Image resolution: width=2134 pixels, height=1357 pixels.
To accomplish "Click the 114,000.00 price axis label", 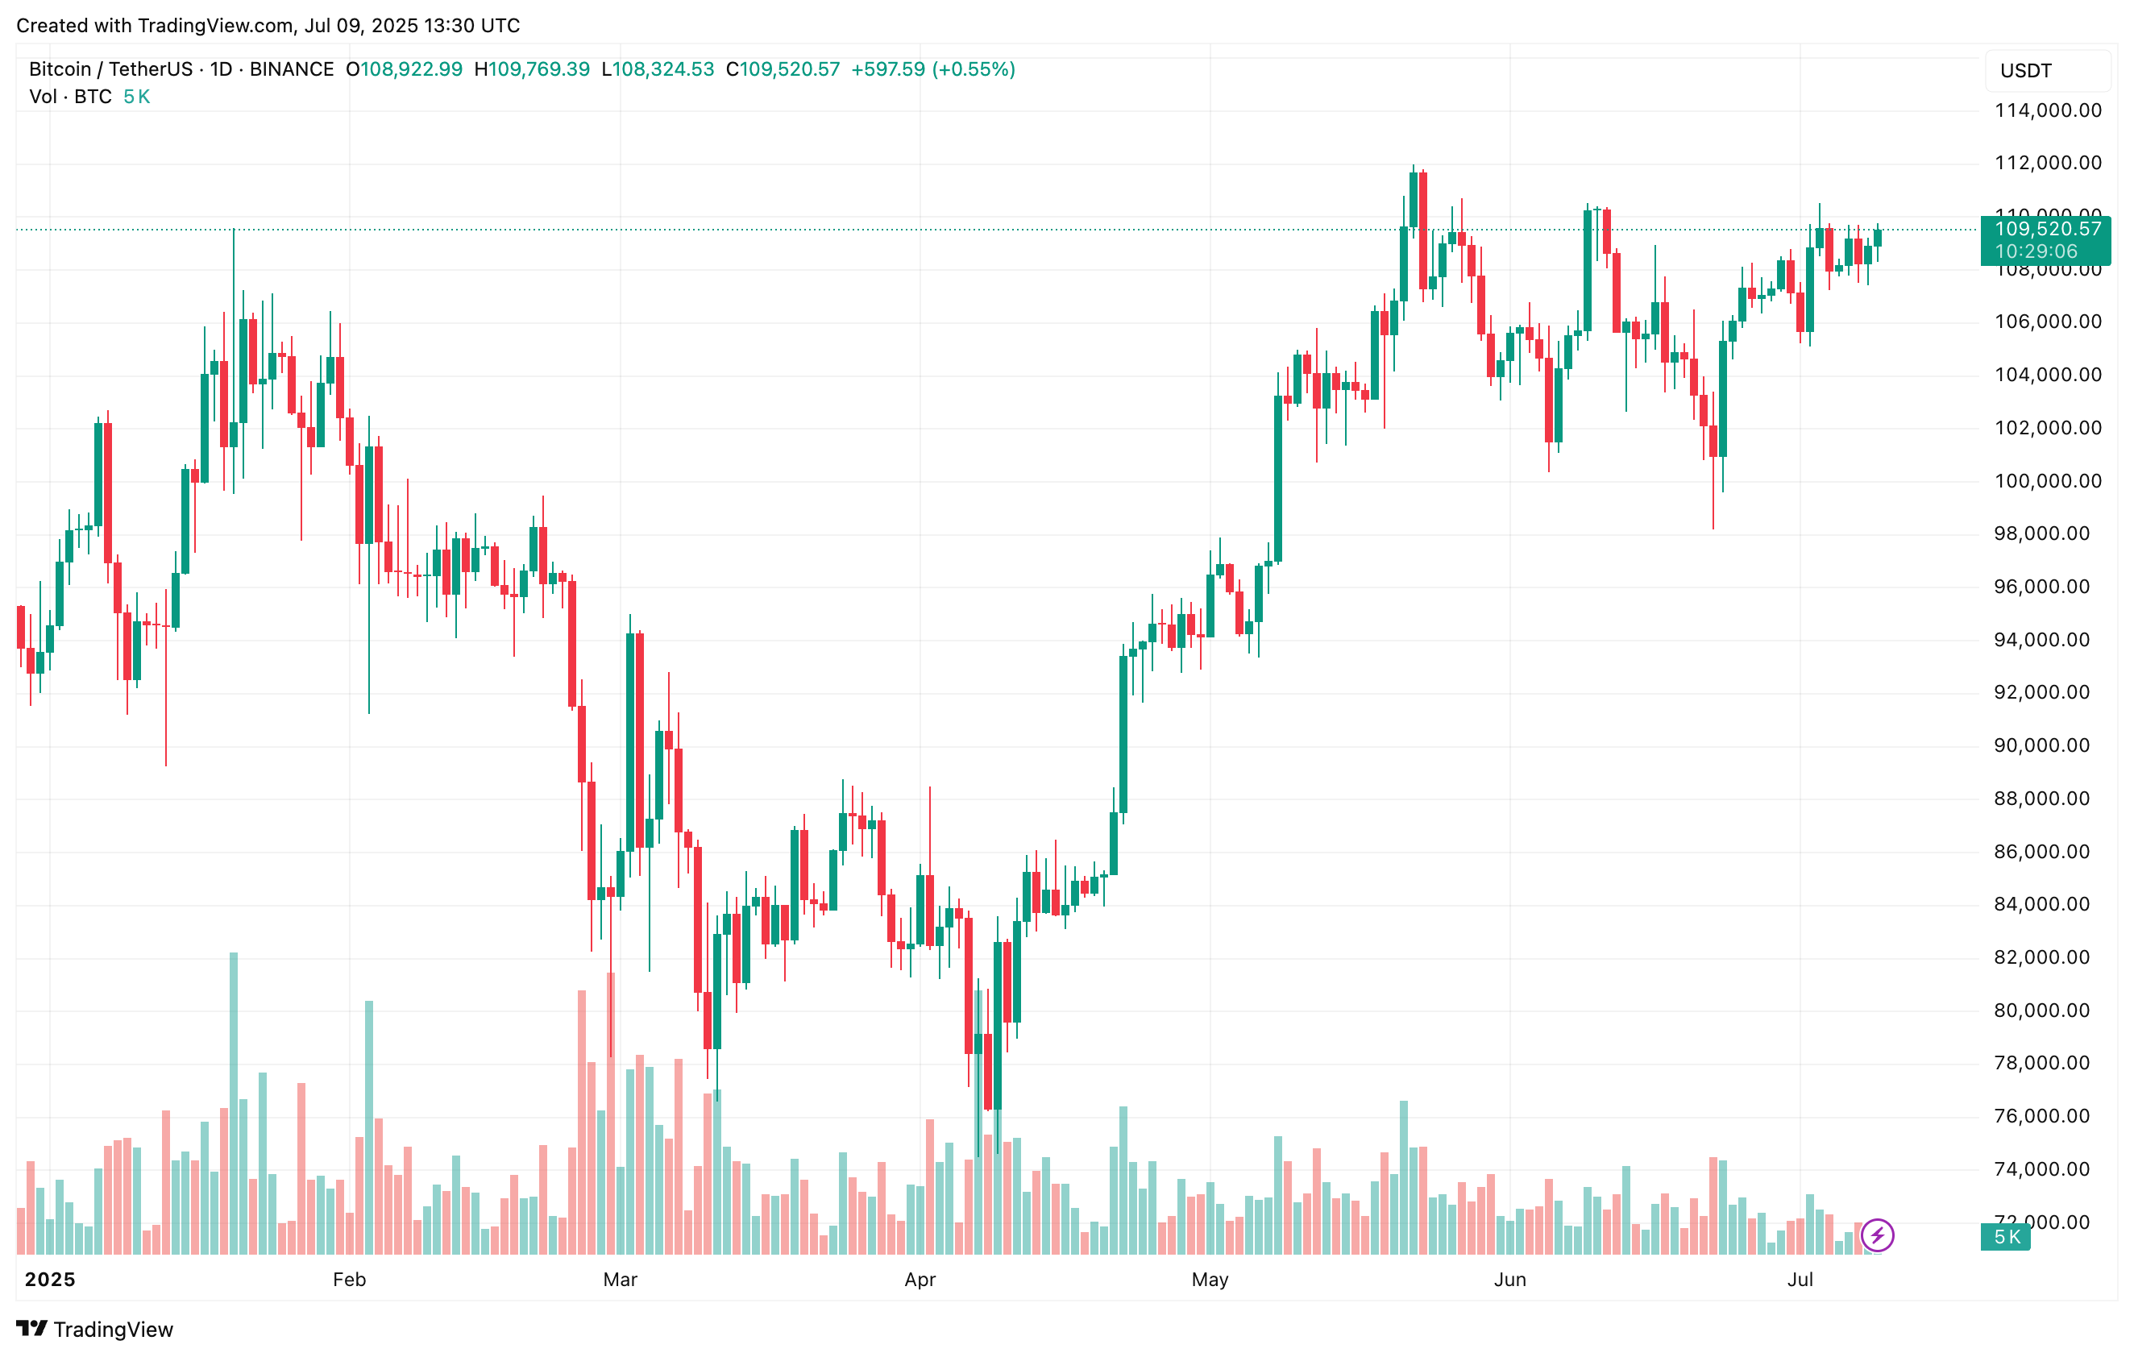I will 2047,110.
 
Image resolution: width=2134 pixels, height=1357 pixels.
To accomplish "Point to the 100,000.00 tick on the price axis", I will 2047,481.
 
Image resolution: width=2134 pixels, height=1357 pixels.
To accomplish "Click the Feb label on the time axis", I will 349,1279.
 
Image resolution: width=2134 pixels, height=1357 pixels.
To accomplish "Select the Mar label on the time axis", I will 621,1279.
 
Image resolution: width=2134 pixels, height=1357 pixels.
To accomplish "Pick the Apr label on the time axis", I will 920,1279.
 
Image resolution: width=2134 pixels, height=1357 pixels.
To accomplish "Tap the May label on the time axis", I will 1210,1279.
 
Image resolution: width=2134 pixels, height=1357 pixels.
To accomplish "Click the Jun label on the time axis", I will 1510,1279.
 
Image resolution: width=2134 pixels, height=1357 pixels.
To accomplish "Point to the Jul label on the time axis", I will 1800,1279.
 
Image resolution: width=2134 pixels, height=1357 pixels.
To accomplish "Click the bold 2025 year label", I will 50,1279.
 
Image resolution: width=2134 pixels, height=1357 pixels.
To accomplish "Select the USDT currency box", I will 2047,71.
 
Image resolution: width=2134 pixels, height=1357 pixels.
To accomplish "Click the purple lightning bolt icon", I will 1877,1235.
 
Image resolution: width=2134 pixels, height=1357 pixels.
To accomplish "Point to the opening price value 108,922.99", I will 411,69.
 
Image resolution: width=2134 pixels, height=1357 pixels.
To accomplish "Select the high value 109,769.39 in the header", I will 539,69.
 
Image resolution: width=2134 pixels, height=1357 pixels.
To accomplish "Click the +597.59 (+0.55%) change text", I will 933,69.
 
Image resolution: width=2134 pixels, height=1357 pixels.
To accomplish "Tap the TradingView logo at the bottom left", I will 95,1329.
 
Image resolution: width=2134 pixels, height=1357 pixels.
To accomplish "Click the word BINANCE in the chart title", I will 292,69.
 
